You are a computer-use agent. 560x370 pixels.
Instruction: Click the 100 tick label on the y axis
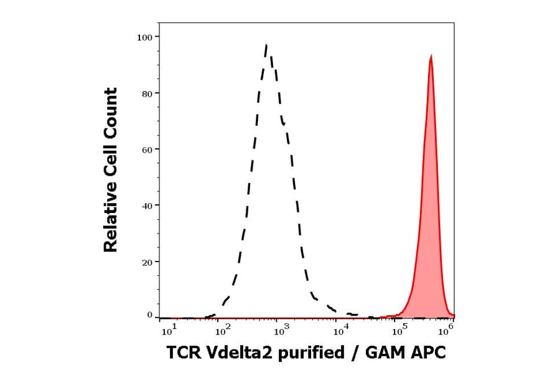tap(144, 37)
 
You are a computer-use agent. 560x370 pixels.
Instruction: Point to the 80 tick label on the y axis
tap(146, 93)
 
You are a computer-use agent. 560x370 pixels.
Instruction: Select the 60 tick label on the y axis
tap(146, 149)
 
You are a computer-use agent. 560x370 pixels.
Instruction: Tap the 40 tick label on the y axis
tap(146, 206)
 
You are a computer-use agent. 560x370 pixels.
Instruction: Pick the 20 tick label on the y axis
tap(146, 262)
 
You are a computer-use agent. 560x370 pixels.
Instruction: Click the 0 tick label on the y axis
tap(149, 315)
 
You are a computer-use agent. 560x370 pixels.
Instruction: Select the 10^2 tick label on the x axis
tap(223, 328)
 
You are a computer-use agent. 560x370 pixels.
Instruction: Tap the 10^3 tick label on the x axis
tap(281, 328)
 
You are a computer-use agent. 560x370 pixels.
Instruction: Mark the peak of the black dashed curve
tap(266, 45)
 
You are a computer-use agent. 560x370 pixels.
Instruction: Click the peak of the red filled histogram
tap(431, 55)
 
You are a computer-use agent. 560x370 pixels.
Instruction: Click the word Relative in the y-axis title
tap(111, 222)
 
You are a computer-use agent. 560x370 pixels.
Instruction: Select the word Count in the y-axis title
tap(111, 108)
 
